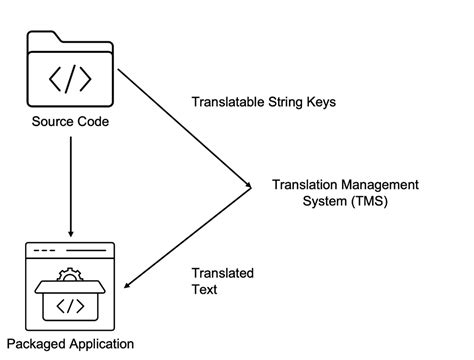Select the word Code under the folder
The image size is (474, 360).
tap(92, 122)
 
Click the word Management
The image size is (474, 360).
tap(376, 184)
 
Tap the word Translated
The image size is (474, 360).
tap(221, 273)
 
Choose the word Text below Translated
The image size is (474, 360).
tap(203, 290)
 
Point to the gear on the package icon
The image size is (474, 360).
tap(71, 272)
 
